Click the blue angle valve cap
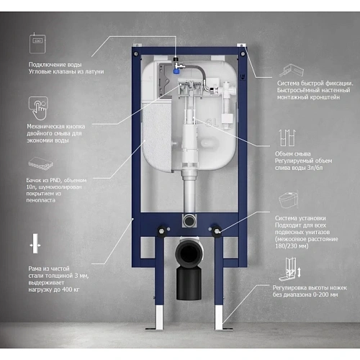tap(176, 71)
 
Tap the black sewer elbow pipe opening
tap(189, 254)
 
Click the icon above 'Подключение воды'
tap(37, 43)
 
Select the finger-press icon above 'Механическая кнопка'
tap(38, 108)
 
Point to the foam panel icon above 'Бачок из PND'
tap(40, 163)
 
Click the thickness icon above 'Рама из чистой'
tap(35, 243)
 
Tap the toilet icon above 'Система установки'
tap(288, 199)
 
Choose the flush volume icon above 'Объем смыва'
tap(287, 138)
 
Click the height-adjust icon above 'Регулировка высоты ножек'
tap(290, 269)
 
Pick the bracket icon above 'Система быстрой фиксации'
tap(291, 70)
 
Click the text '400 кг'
tap(71, 289)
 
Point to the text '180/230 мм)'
tap(292, 246)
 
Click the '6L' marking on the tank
tap(212, 123)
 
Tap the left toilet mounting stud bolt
tap(161, 231)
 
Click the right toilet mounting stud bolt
tap(217, 231)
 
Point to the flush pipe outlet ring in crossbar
tap(189, 220)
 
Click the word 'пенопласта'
tap(41, 200)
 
